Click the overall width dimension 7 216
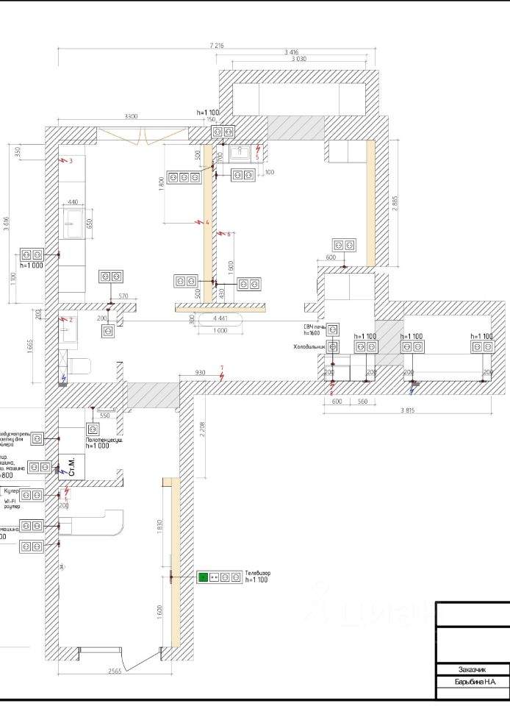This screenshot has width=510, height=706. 216,46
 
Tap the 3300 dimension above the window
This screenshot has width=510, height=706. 131,117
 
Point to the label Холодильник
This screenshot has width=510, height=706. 309,346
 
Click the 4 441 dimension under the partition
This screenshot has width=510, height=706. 220,318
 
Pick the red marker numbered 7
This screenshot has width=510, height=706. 223,369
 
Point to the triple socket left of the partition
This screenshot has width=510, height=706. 184,176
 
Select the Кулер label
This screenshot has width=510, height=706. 12,490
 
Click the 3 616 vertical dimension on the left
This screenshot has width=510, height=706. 7,225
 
